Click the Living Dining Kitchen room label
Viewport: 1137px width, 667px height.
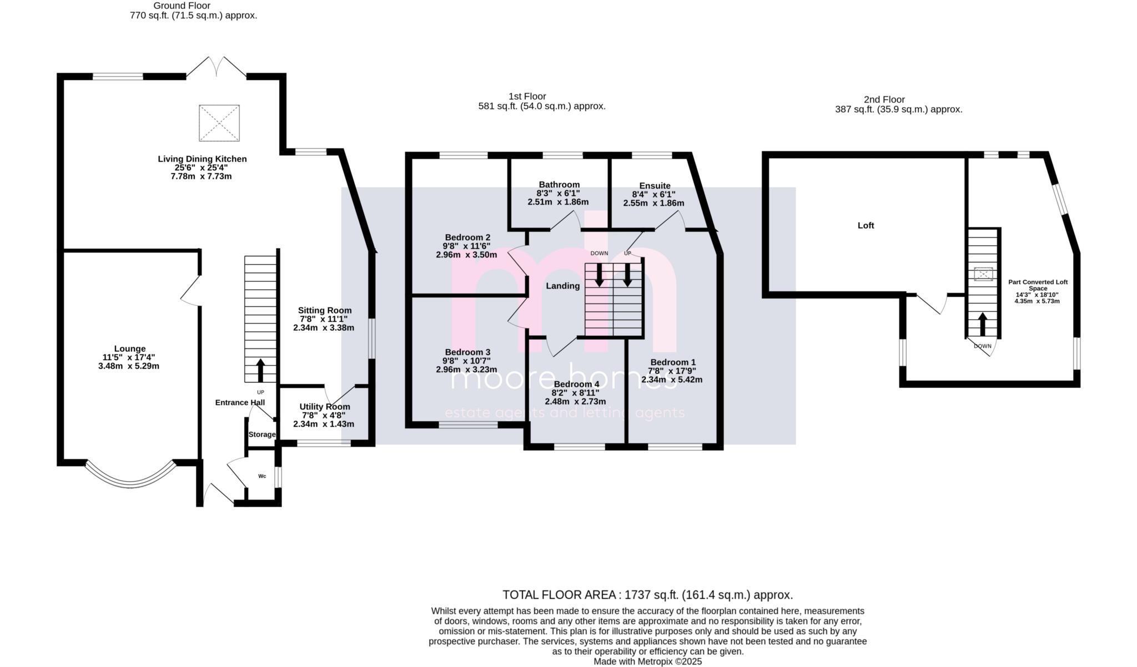click(x=202, y=159)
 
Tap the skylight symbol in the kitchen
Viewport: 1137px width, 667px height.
click(x=219, y=123)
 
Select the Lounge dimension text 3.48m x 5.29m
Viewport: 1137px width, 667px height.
click(x=128, y=366)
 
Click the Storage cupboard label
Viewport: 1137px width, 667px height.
click(x=261, y=434)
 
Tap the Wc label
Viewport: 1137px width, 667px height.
click(x=262, y=476)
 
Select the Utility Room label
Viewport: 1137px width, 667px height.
click(x=325, y=407)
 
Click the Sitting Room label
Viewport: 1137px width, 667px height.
click(x=325, y=310)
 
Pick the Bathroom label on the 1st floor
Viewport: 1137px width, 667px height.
click(x=559, y=185)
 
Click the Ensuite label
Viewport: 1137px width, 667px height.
click(x=655, y=186)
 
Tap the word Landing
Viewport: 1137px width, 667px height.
click(x=562, y=286)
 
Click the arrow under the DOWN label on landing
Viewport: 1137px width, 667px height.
click(x=599, y=275)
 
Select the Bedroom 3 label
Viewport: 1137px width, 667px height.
click(x=467, y=352)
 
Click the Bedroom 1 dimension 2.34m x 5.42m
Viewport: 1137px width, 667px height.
click(x=672, y=380)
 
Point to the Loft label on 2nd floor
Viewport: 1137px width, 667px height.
click(x=866, y=225)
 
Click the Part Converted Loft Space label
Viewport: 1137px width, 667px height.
click(x=1038, y=285)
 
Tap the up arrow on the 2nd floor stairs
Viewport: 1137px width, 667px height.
click(x=982, y=324)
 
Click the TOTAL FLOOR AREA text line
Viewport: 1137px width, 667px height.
click(x=647, y=595)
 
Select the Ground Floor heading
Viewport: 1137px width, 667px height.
click(x=182, y=6)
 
